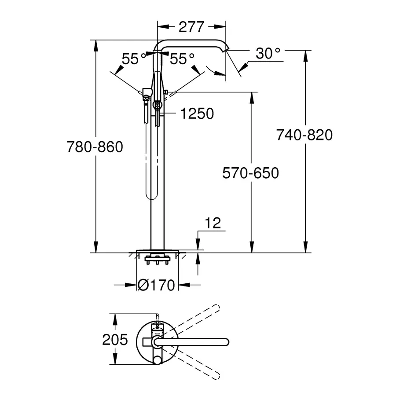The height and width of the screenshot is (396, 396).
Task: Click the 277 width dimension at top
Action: pos(192,27)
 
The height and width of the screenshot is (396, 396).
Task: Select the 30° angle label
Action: pos(268,54)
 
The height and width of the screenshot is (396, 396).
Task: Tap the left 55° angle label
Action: pos(134,59)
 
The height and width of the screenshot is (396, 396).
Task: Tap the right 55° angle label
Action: pos(182,59)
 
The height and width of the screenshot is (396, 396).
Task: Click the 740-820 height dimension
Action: pos(304,135)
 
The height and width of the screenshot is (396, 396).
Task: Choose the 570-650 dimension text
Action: pos(250,173)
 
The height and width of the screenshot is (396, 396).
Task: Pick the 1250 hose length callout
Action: pos(197,114)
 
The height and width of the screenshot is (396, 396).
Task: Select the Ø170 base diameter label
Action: pos(156,285)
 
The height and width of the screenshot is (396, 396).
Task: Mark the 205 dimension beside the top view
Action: pos(115,340)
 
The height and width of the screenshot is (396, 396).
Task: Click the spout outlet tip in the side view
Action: pos(226,51)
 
